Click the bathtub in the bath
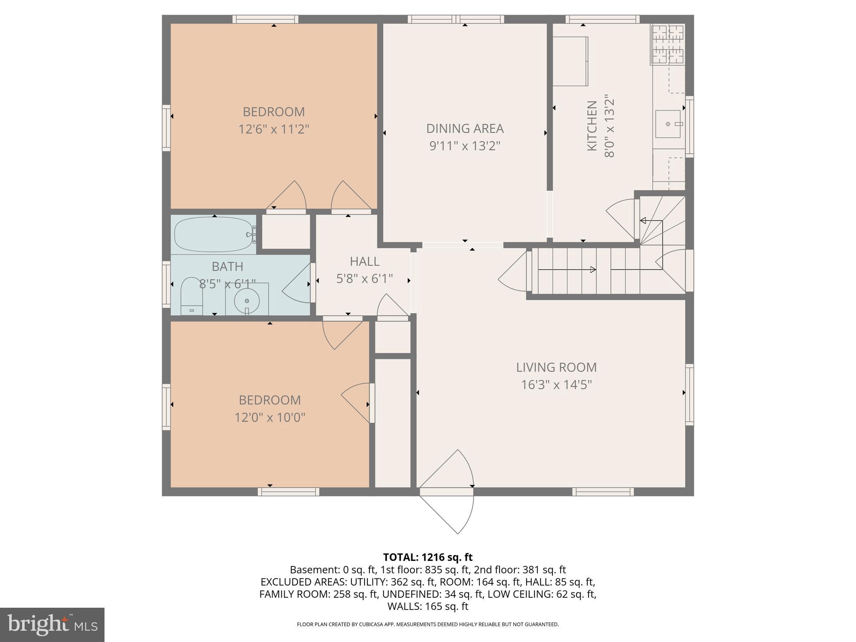click(x=213, y=234)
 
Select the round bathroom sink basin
click(x=247, y=301)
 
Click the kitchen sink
click(x=668, y=124)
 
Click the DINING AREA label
click(x=465, y=129)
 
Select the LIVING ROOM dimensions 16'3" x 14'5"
click(x=556, y=385)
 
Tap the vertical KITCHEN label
click(x=592, y=126)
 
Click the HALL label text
click(x=364, y=262)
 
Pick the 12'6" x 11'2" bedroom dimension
click(x=274, y=129)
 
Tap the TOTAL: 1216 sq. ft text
click(x=428, y=557)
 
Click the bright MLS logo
click(x=52, y=624)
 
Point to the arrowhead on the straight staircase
click(x=593, y=270)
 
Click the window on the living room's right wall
click(x=689, y=394)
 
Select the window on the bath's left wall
click(x=166, y=285)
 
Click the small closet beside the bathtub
click(x=286, y=231)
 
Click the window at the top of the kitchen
click(x=602, y=19)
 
